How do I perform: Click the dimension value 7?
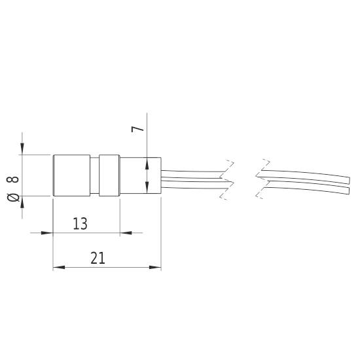pyautogui.click(x=137, y=127)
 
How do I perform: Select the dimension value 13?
pyautogui.click(x=80, y=224)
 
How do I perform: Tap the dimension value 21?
pyautogui.click(x=98, y=259)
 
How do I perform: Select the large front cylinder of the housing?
pyautogui.click(x=71, y=175)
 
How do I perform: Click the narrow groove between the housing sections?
pyautogui.click(x=94, y=175)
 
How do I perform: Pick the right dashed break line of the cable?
pyautogui.click(x=262, y=179)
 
